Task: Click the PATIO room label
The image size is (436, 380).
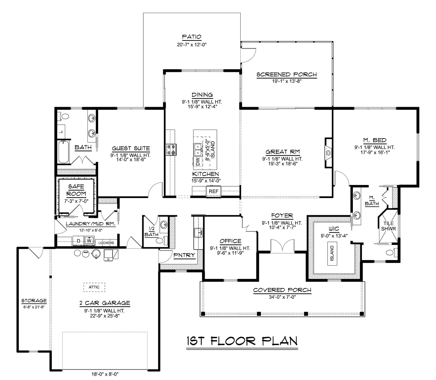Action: (x=192, y=37)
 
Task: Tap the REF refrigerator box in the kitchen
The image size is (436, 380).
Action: (x=213, y=191)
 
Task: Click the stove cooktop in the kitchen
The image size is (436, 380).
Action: (x=171, y=150)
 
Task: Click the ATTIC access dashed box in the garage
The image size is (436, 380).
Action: (x=94, y=287)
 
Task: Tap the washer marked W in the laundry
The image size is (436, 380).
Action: (x=89, y=241)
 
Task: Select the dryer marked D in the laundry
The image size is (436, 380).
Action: (x=79, y=241)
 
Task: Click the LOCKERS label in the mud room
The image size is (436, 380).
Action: (x=106, y=243)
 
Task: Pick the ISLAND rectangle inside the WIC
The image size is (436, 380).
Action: (x=332, y=253)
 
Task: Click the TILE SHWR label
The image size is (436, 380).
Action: (x=388, y=226)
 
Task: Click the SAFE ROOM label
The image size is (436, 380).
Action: (x=77, y=190)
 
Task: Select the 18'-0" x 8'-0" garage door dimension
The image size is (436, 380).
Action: (x=105, y=374)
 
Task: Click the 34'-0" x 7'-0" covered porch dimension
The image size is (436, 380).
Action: (x=282, y=297)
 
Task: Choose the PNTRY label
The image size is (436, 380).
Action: (x=184, y=255)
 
